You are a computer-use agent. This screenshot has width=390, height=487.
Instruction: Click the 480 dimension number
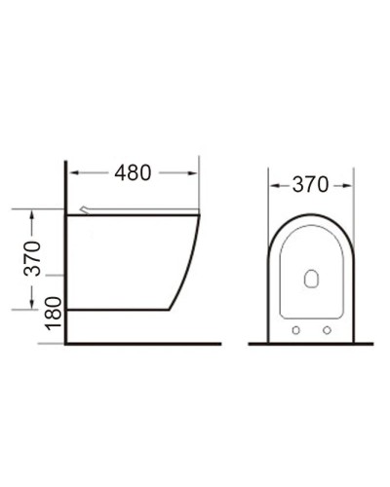133,172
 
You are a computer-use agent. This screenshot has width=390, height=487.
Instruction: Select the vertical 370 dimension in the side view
31,258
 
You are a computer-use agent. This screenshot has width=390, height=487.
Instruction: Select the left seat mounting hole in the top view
294,331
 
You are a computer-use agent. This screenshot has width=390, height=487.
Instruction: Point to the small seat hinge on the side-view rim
89,208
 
